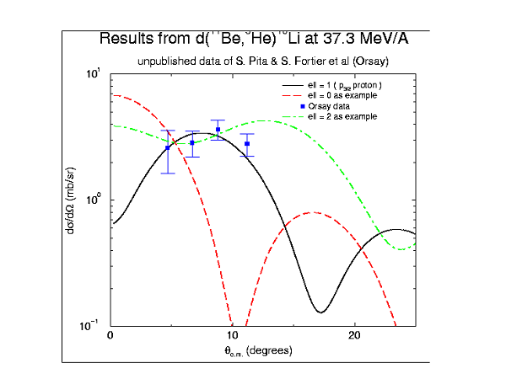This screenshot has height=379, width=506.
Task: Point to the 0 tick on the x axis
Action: (x=111, y=335)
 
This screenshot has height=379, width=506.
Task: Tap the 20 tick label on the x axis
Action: (x=354, y=335)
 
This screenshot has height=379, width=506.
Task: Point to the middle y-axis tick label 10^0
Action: (x=93, y=200)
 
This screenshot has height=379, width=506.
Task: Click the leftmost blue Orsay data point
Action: (x=168, y=147)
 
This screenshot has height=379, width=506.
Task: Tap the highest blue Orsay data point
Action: (x=218, y=130)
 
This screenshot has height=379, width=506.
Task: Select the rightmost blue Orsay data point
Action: (x=247, y=144)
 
